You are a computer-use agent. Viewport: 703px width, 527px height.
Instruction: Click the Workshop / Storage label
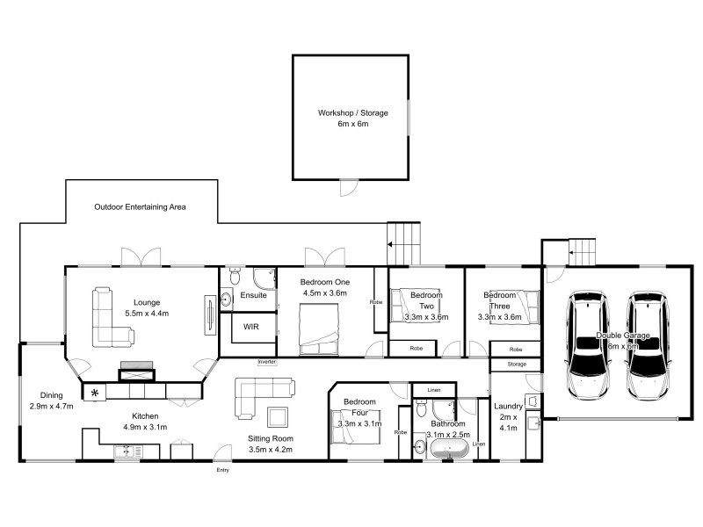tap(352, 113)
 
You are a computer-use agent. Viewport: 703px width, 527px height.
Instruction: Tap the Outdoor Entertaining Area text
tap(140, 207)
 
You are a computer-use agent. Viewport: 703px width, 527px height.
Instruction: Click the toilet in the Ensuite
tap(231, 277)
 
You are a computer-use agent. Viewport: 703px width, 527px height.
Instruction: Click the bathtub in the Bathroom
tap(448, 450)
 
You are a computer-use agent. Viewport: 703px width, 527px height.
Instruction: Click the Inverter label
tap(266, 362)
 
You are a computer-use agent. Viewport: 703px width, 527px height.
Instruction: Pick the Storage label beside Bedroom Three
tap(516, 364)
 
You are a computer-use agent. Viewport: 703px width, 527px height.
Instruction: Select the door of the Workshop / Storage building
tap(350, 186)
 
